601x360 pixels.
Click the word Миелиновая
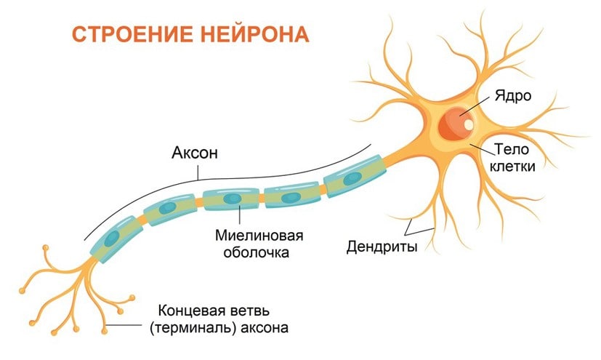pyautogui.click(x=258, y=236)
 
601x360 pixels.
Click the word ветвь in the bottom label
pyautogui.click(x=254, y=310)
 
